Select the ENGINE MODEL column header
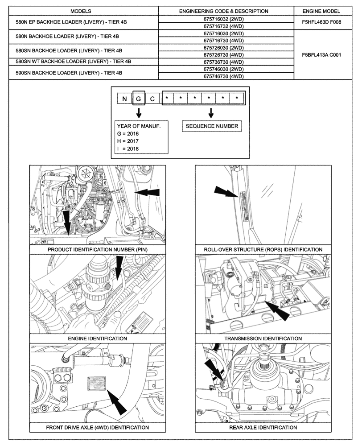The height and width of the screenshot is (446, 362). (x=321, y=11)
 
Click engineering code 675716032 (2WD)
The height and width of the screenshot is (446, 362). (x=223, y=19)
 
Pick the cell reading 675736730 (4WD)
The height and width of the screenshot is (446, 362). (x=223, y=62)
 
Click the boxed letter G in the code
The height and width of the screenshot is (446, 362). (x=138, y=98)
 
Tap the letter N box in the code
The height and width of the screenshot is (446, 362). (x=124, y=98)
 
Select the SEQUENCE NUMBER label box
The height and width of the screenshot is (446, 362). (x=212, y=126)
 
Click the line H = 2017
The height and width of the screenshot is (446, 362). (x=128, y=141)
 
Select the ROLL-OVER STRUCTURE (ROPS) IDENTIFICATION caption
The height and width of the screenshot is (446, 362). (x=263, y=250)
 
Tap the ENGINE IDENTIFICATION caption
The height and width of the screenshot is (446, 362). (x=97, y=339)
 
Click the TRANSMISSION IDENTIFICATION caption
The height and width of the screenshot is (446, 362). (x=263, y=339)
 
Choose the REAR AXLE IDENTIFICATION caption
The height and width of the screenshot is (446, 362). (x=263, y=427)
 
